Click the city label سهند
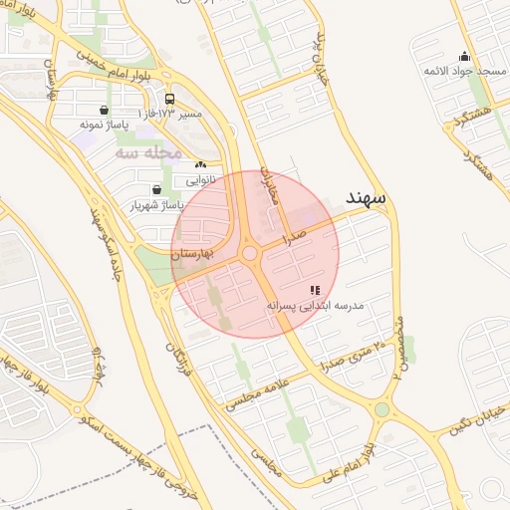pos(371,198)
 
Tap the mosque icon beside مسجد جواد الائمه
pos(463,57)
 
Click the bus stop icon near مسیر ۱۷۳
pos(170,100)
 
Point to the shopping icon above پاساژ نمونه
pos(105,111)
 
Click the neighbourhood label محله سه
pos(147,152)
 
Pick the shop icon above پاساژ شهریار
pos(156,189)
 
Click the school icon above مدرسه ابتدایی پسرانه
pos(315,290)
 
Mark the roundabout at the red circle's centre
pos(250,254)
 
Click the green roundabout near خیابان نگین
pos(382,408)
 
